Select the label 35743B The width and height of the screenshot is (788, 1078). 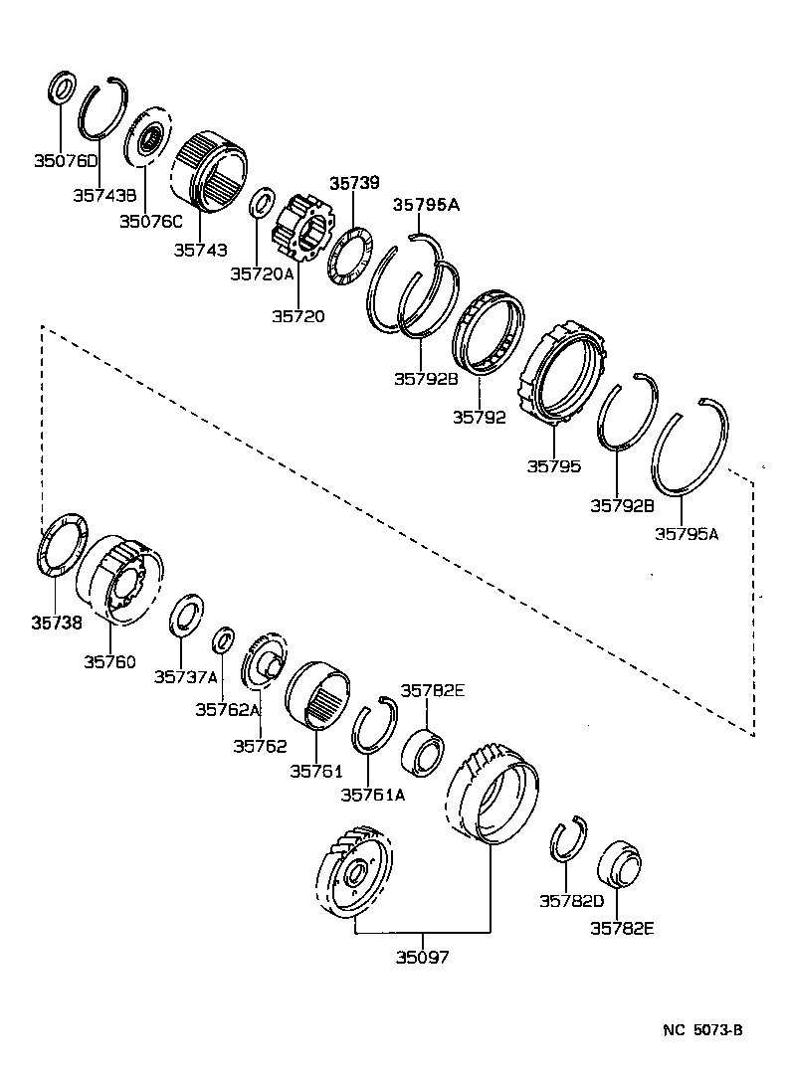click(x=103, y=196)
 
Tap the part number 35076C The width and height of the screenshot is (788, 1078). click(x=152, y=221)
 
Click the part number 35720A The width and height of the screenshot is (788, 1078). click(x=263, y=272)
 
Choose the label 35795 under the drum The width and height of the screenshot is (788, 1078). click(x=554, y=465)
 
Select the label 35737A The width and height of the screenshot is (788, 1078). click(x=185, y=676)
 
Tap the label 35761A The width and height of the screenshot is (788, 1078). click(x=372, y=794)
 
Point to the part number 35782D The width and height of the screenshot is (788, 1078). click(x=571, y=901)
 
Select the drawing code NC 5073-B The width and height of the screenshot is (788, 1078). click(x=703, y=1030)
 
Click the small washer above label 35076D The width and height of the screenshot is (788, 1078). click(x=61, y=88)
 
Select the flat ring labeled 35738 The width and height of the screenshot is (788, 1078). click(x=62, y=544)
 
